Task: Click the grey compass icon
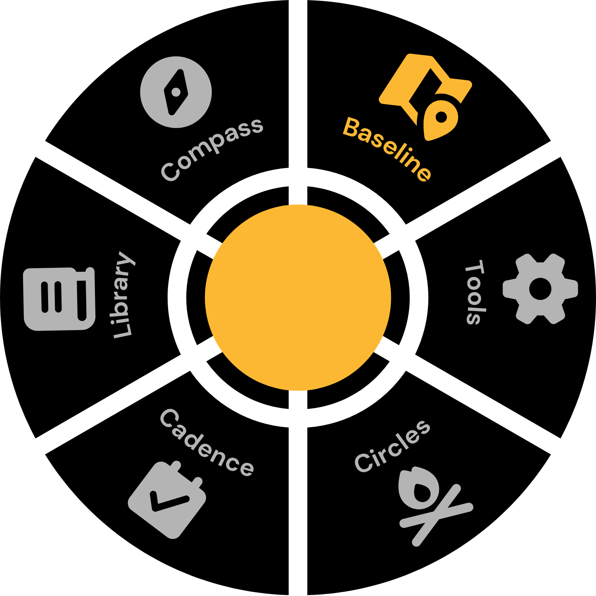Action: pyautogui.click(x=176, y=92)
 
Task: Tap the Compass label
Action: pyautogui.click(x=211, y=149)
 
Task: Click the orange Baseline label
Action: pyautogui.click(x=387, y=149)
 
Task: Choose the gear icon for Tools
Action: pyautogui.click(x=540, y=289)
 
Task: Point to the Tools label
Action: pyautogui.click(x=475, y=292)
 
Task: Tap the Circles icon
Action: pyautogui.click(x=433, y=505)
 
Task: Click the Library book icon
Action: pyautogui.click(x=59, y=299)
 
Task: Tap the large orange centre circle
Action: pyautogui.click(x=298, y=298)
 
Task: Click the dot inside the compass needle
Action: pyautogui.click(x=176, y=93)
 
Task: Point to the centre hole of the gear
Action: pyautogui.click(x=540, y=289)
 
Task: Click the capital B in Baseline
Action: pyautogui.click(x=352, y=128)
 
